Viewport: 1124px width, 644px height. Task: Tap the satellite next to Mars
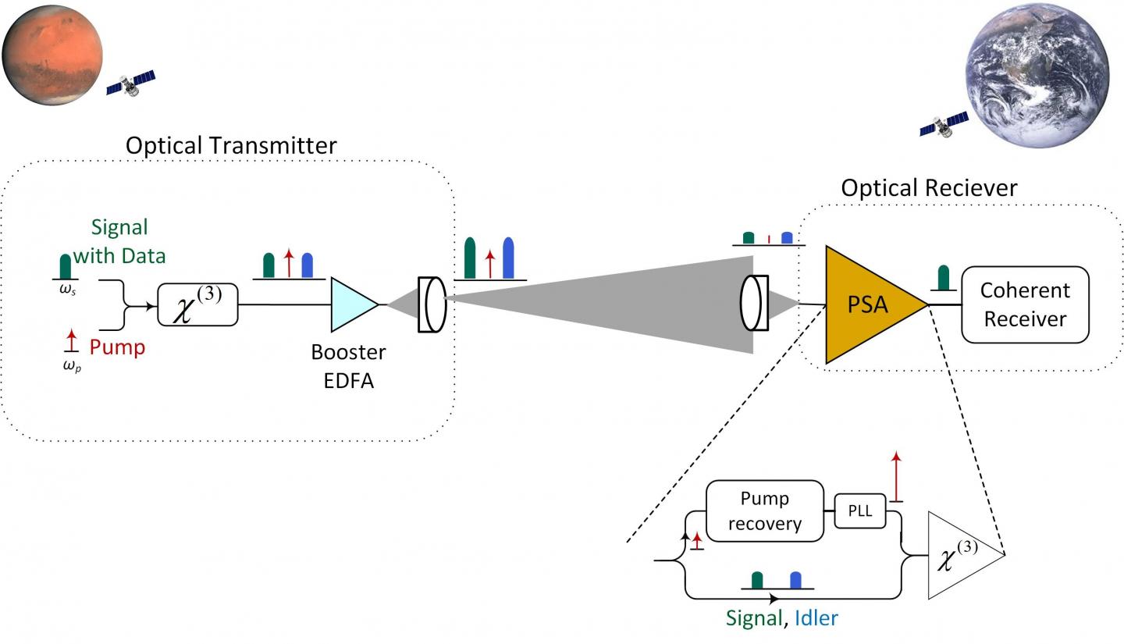click(130, 82)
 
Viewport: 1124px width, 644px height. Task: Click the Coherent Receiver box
click(1025, 304)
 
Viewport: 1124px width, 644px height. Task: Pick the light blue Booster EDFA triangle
click(351, 304)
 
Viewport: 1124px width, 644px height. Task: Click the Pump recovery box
click(764, 511)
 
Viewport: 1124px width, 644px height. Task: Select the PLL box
click(860, 512)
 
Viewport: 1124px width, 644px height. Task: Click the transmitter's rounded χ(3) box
click(197, 304)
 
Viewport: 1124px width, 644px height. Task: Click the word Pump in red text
click(117, 347)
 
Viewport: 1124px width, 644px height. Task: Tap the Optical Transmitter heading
click(231, 145)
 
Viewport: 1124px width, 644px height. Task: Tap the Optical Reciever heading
click(929, 188)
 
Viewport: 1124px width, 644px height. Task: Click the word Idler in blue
click(816, 618)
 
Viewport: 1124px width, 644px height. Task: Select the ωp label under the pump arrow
click(71, 366)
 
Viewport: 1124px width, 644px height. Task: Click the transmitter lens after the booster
click(432, 304)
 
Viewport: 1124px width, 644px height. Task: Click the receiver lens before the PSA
click(754, 303)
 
